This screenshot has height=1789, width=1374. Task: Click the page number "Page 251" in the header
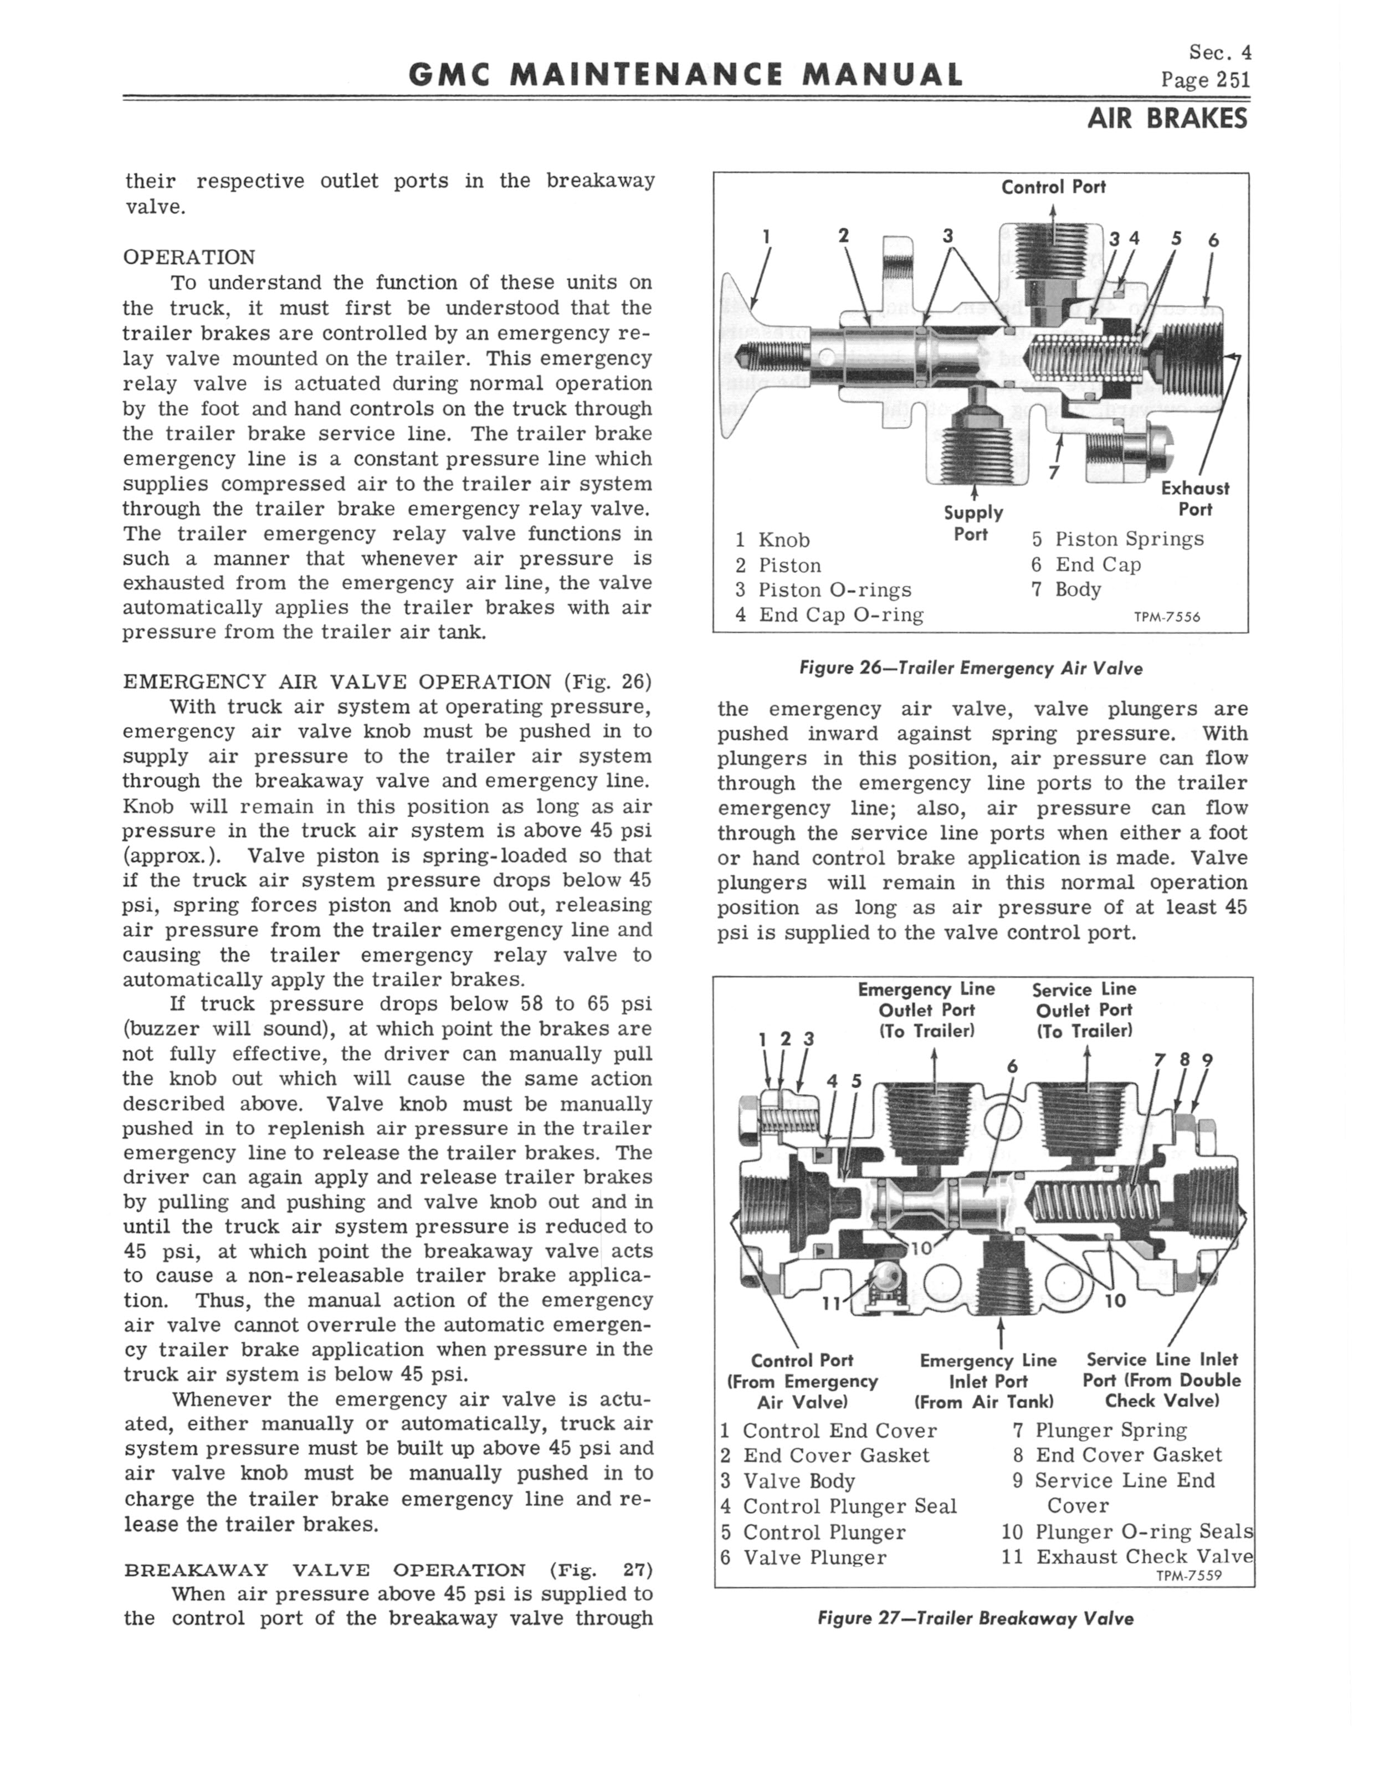[x=1204, y=79]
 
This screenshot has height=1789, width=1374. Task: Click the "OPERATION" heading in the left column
[x=189, y=258]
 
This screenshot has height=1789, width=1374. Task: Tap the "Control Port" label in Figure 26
[x=1053, y=187]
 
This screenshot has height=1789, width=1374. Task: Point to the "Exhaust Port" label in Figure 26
[x=1195, y=499]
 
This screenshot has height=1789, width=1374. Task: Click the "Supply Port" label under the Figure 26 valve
[x=972, y=523]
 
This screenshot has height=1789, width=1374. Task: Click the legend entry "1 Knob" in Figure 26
[x=772, y=540]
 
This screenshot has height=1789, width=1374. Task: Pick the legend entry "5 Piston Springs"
[x=1117, y=539]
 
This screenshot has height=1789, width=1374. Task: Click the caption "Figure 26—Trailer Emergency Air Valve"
[x=970, y=668]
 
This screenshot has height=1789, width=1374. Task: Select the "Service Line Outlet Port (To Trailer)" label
[x=1084, y=1010]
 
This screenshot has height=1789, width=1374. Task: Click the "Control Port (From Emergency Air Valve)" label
[x=802, y=1381]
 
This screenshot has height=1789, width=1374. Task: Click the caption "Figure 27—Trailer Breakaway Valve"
[x=975, y=1619]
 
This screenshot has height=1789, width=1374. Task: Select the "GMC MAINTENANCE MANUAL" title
[x=685, y=76]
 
